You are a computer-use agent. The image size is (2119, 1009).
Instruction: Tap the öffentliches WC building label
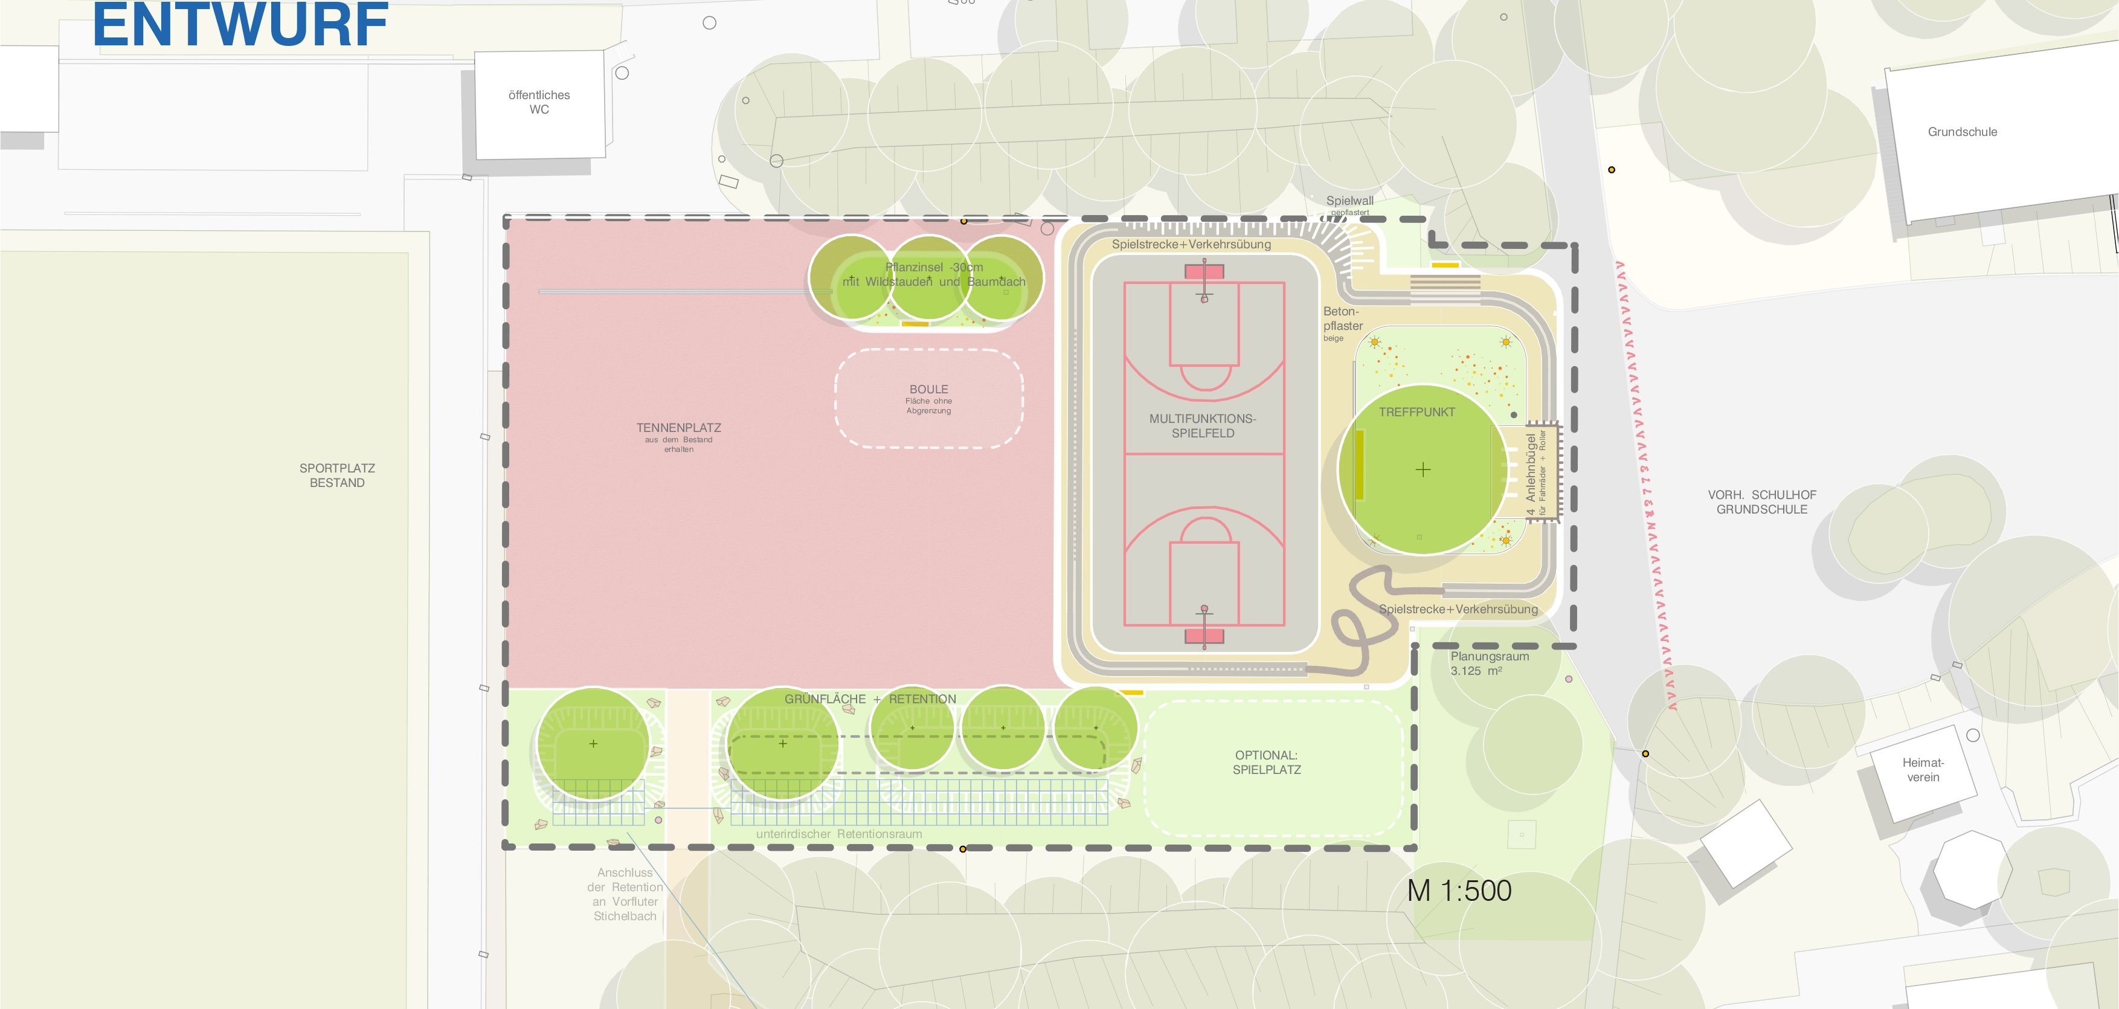[x=539, y=102]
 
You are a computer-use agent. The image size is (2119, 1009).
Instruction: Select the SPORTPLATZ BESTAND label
[x=337, y=475]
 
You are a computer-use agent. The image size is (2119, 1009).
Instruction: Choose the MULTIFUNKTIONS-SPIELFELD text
[x=1203, y=425]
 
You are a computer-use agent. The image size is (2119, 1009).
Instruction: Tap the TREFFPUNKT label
[x=1416, y=412]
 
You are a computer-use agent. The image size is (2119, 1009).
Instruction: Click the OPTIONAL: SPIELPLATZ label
[x=1267, y=762]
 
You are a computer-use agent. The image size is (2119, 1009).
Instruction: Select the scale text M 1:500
[x=1459, y=891]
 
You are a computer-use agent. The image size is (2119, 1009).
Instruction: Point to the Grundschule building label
[x=1962, y=132]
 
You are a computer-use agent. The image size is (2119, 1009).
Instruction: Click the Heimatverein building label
[x=1923, y=770]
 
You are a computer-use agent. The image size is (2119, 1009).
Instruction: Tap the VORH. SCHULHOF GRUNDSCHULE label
[x=1762, y=502]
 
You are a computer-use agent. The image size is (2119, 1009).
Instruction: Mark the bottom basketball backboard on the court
[x=1204, y=636]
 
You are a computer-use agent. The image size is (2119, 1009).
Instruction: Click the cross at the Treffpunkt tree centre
[x=1423, y=470]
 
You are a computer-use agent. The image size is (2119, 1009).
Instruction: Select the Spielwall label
[x=1350, y=201]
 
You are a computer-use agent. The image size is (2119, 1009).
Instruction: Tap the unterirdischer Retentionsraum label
[x=839, y=834]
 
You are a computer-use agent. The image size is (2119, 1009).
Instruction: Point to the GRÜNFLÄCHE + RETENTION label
[x=870, y=698]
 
